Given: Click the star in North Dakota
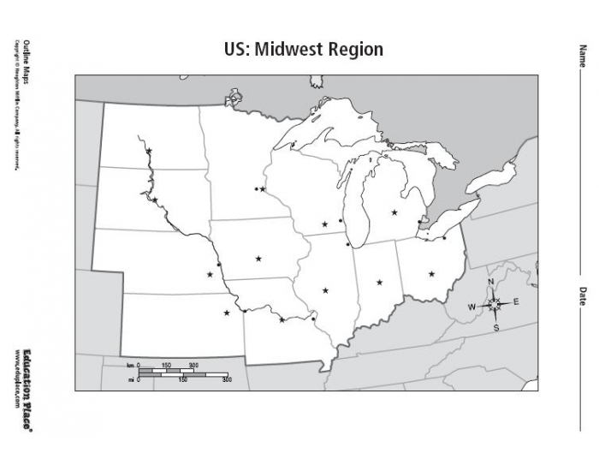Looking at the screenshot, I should pos(149,152).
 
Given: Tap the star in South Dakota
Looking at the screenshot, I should pos(155,200).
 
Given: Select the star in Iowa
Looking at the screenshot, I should pos(258,258).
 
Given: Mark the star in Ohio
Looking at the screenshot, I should pos(431,274).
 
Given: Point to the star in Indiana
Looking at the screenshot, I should pos(379,282).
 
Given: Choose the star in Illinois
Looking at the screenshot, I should pos(326,290).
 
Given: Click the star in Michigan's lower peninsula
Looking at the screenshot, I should pos(394,212).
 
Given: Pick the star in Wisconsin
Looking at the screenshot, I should pos(324,224).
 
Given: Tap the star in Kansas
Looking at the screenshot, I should pos(227,313).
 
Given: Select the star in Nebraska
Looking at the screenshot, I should pos(210,275).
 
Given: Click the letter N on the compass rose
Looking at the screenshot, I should pos(491,283).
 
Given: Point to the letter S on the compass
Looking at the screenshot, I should pos(496,327).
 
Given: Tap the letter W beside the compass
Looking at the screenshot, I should pos(471,307).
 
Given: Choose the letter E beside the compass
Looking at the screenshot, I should pos(516,302).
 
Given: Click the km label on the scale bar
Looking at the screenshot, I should pos(131,366).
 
